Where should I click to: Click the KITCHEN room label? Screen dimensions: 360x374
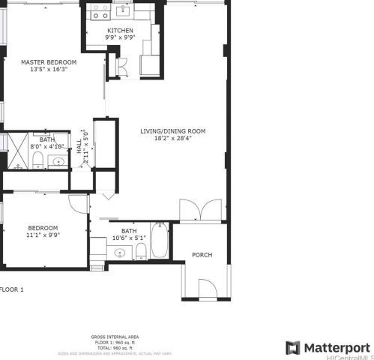point(120,31)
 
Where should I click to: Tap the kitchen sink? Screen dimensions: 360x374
point(121,13)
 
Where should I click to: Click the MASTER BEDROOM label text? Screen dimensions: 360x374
point(49,61)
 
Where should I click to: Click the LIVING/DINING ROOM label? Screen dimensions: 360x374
point(172,130)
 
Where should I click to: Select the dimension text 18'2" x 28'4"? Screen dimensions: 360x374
point(172,138)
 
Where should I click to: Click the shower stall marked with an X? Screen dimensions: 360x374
point(16,150)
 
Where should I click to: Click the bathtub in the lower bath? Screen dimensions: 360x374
point(160,240)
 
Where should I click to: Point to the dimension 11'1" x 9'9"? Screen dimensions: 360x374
point(43,235)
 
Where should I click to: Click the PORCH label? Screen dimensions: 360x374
point(202,255)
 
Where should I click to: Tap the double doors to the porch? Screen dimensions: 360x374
point(201,210)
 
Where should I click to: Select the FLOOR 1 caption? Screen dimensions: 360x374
point(12,289)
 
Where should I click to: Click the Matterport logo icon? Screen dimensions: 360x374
point(292,348)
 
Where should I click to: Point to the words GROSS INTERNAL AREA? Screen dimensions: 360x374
point(115,337)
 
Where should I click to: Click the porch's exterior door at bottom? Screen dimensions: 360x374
point(207,288)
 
